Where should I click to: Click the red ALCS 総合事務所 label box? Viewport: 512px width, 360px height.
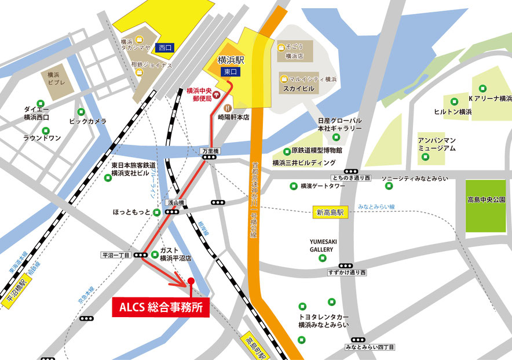tap(160, 308)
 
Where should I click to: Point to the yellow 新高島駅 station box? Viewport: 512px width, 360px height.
tap(330, 212)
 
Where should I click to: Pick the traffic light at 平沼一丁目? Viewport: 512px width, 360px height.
tap(140, 255)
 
